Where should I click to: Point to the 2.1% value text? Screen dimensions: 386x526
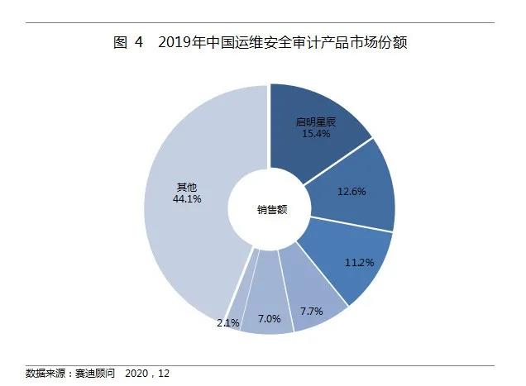tap(227, 322)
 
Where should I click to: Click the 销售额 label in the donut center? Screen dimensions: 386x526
tap(270, 209)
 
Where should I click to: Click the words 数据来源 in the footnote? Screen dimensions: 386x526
tap(46, 374)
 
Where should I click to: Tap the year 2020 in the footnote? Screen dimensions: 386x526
tap(137, 374)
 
